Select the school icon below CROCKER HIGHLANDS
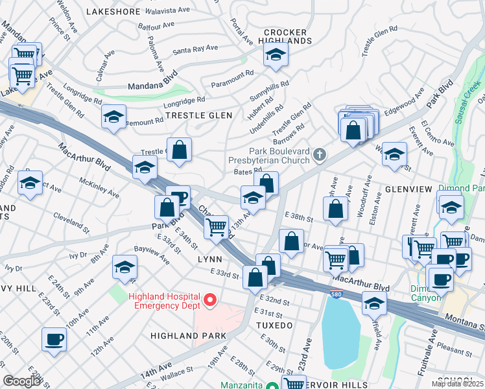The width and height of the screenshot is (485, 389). coord(276,56)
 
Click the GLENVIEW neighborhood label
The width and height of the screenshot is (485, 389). coord(408,189)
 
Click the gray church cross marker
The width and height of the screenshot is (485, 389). coord(319,154)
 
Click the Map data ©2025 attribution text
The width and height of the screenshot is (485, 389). coord(457,384)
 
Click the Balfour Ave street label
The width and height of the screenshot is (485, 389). coord(156,26)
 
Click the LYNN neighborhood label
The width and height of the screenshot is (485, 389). coord(209,258)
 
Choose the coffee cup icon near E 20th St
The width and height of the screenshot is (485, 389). coord(54,338)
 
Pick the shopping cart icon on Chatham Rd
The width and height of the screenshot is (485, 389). coord(216,227)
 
